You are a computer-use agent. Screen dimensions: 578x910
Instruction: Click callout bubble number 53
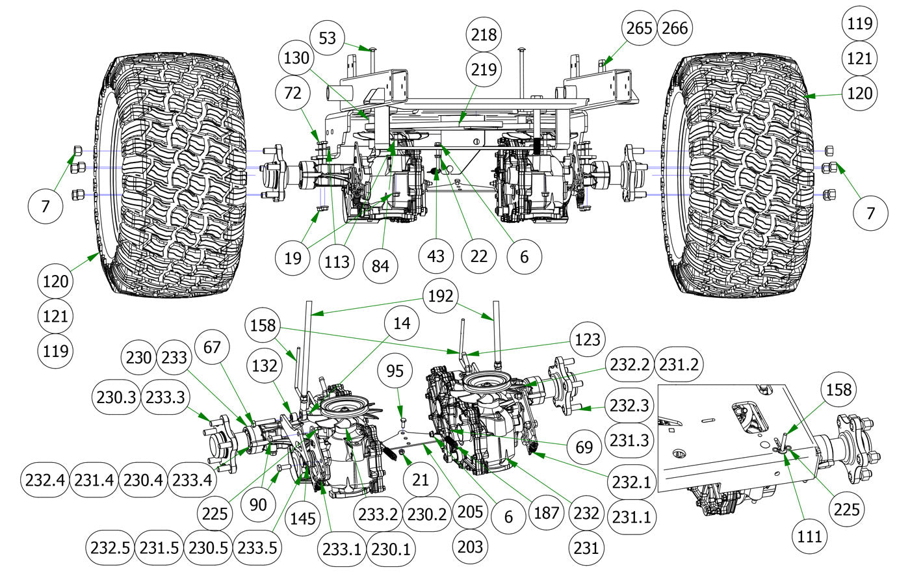[x=328, y=38]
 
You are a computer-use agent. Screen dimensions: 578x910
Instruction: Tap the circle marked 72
[x=293, y=94]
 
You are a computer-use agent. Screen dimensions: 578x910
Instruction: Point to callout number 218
[x=482, y=34]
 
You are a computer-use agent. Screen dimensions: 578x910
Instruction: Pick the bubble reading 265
[x=640, y=28]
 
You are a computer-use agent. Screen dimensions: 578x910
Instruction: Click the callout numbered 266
[x=674, y=28]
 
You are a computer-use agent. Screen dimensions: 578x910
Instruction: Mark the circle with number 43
[x=435, y=256]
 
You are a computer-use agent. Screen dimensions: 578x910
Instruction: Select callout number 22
[x=478, y=256]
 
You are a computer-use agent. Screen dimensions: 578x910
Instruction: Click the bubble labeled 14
[x=402, y=323]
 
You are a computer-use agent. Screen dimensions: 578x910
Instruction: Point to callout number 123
[x=585, y=339]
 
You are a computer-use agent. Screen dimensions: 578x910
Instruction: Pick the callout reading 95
[x=395, y=371]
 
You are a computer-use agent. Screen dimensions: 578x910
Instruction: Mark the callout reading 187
[x=546, y=512]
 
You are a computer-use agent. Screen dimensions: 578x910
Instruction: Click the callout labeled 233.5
[x=257, y=547]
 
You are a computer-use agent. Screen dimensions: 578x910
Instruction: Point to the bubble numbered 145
[x=303, y=518]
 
